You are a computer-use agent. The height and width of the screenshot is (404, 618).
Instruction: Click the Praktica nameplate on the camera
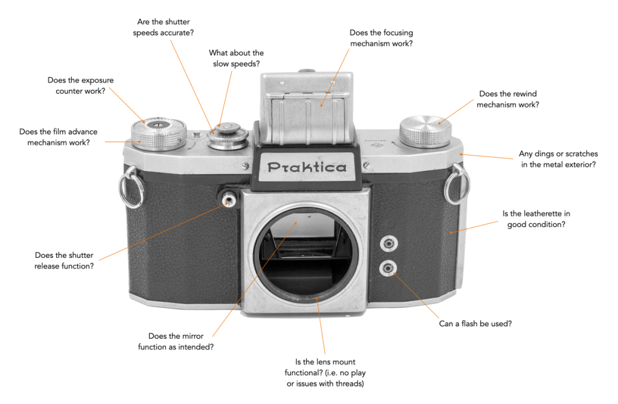pos(307,167)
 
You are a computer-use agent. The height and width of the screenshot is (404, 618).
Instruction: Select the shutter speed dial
pos(228,135)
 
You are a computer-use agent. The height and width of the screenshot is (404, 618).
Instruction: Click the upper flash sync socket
pos(387,243)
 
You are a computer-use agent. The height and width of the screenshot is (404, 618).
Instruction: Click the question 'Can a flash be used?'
pos(475,324)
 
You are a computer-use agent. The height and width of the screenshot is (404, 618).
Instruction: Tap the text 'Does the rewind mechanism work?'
pos(508,99)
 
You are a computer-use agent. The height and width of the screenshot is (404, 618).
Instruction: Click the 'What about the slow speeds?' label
pos(236,58)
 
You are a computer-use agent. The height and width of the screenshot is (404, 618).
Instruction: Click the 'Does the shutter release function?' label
pos(64,260)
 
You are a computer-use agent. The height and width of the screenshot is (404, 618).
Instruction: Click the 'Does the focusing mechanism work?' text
pos(381,38)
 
